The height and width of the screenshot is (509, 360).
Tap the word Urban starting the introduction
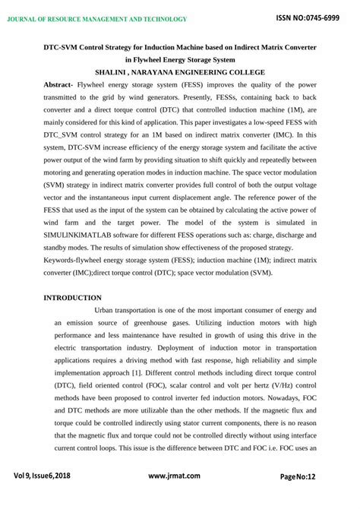pyautogui.click(x=108, y=310)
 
